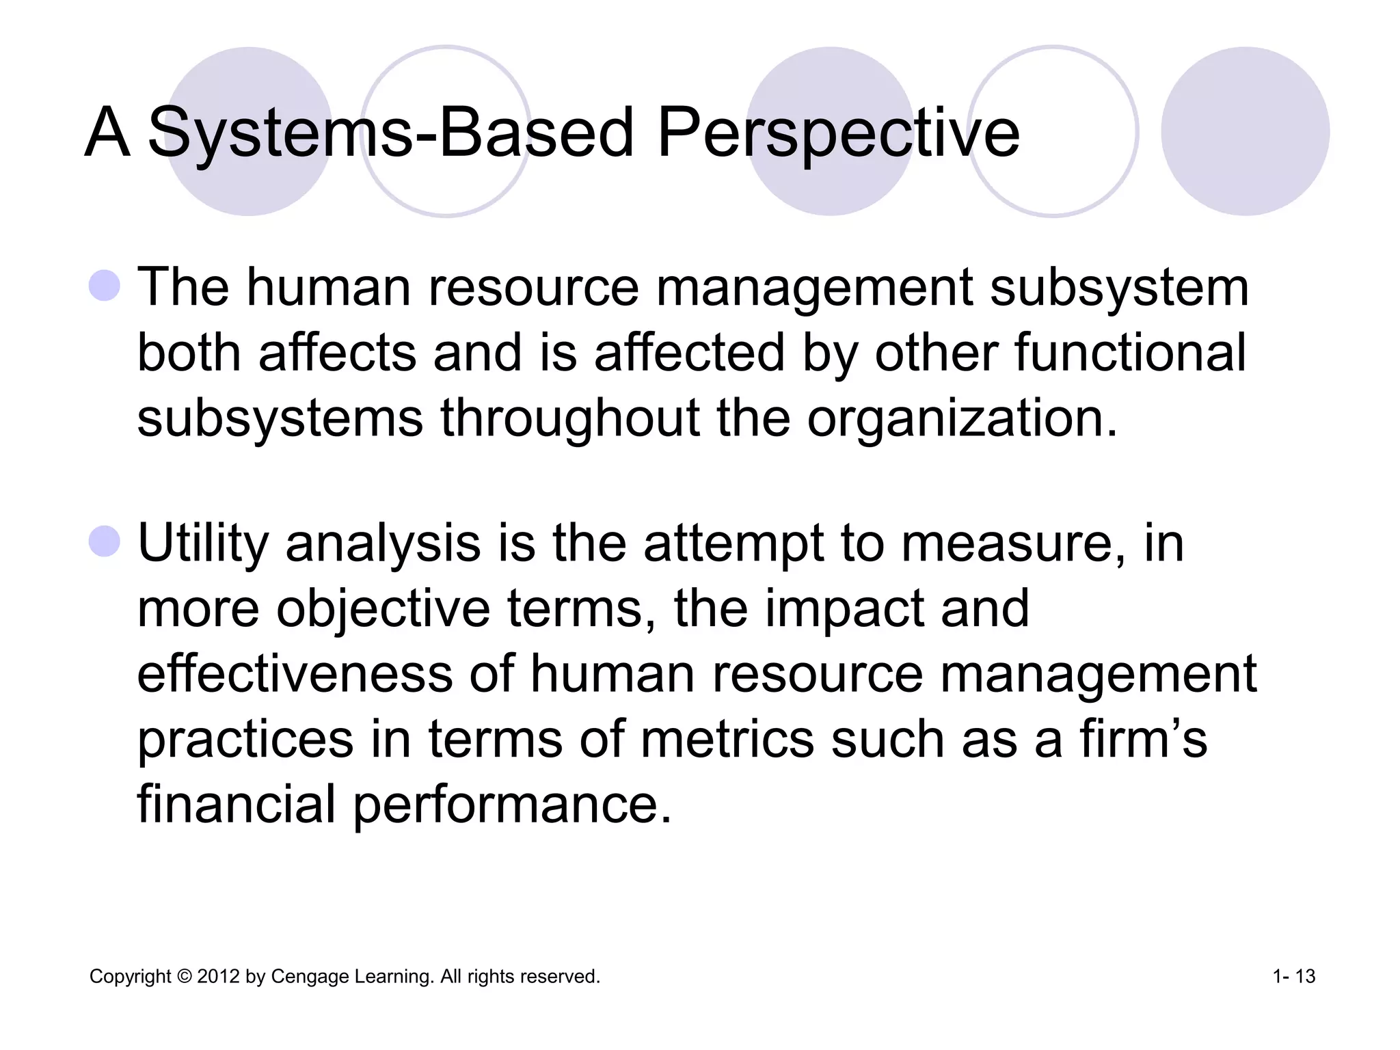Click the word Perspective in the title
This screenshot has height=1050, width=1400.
(838, 133)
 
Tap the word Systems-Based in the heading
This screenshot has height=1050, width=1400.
(391, 133)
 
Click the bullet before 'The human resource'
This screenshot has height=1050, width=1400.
(105, 286)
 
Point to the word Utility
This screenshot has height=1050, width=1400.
(203, 543)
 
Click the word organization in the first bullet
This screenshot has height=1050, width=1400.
(962, 418)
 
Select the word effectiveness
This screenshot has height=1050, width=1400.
(295, 673)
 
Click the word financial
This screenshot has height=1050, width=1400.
(236, 804)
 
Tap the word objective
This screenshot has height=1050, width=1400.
(383, 609)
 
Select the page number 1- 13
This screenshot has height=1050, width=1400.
(1293, 976)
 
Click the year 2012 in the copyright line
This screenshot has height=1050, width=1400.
(218, 976)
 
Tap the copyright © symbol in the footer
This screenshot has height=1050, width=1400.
(185, 976)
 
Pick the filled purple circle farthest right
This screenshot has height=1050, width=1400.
(1245, 131)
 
